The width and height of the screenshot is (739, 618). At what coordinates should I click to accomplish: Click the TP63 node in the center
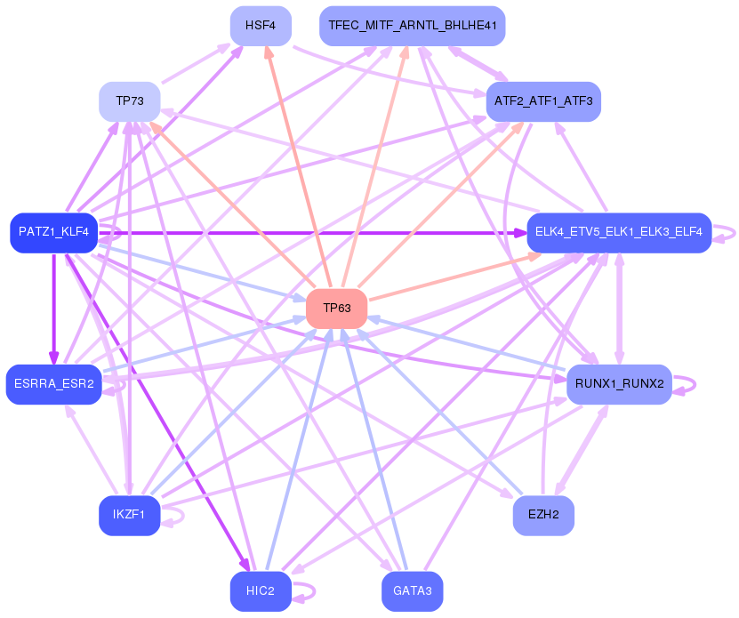point(336,309)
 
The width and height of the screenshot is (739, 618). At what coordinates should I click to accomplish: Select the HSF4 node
point(261,26)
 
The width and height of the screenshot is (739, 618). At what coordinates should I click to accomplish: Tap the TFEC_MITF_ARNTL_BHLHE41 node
point(413,26)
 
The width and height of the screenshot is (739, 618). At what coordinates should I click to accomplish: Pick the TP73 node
point(130,101)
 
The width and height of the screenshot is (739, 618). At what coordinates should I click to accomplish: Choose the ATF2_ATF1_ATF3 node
point(543,101)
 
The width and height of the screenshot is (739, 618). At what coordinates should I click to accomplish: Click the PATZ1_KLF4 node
point(53,232)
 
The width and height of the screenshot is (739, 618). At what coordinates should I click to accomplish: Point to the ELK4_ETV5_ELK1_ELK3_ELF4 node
point(619,232)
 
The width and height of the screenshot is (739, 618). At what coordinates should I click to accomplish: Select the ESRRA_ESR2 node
point(53,384)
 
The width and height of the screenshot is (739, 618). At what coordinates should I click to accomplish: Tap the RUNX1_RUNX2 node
point(619,384)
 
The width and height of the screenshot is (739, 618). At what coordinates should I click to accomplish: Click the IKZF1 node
point(130,515)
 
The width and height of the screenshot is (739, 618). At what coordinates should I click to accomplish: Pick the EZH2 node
point(543,515)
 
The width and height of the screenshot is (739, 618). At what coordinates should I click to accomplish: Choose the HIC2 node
point(261,591)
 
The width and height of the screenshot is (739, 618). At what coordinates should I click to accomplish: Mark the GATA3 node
point(413,591)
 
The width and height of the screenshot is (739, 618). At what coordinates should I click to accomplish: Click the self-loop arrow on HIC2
point(304,592)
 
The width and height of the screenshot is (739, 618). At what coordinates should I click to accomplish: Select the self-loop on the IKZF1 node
point(173,516)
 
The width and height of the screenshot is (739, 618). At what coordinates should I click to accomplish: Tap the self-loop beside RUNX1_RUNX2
point(685,385)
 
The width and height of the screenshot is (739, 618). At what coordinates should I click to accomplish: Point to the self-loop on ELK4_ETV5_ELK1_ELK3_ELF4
point(724,233)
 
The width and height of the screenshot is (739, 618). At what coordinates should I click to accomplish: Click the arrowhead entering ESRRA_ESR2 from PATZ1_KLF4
point(54,357)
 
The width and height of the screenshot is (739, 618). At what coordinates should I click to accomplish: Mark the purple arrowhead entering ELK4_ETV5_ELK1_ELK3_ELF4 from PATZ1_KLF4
point(520,233)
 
